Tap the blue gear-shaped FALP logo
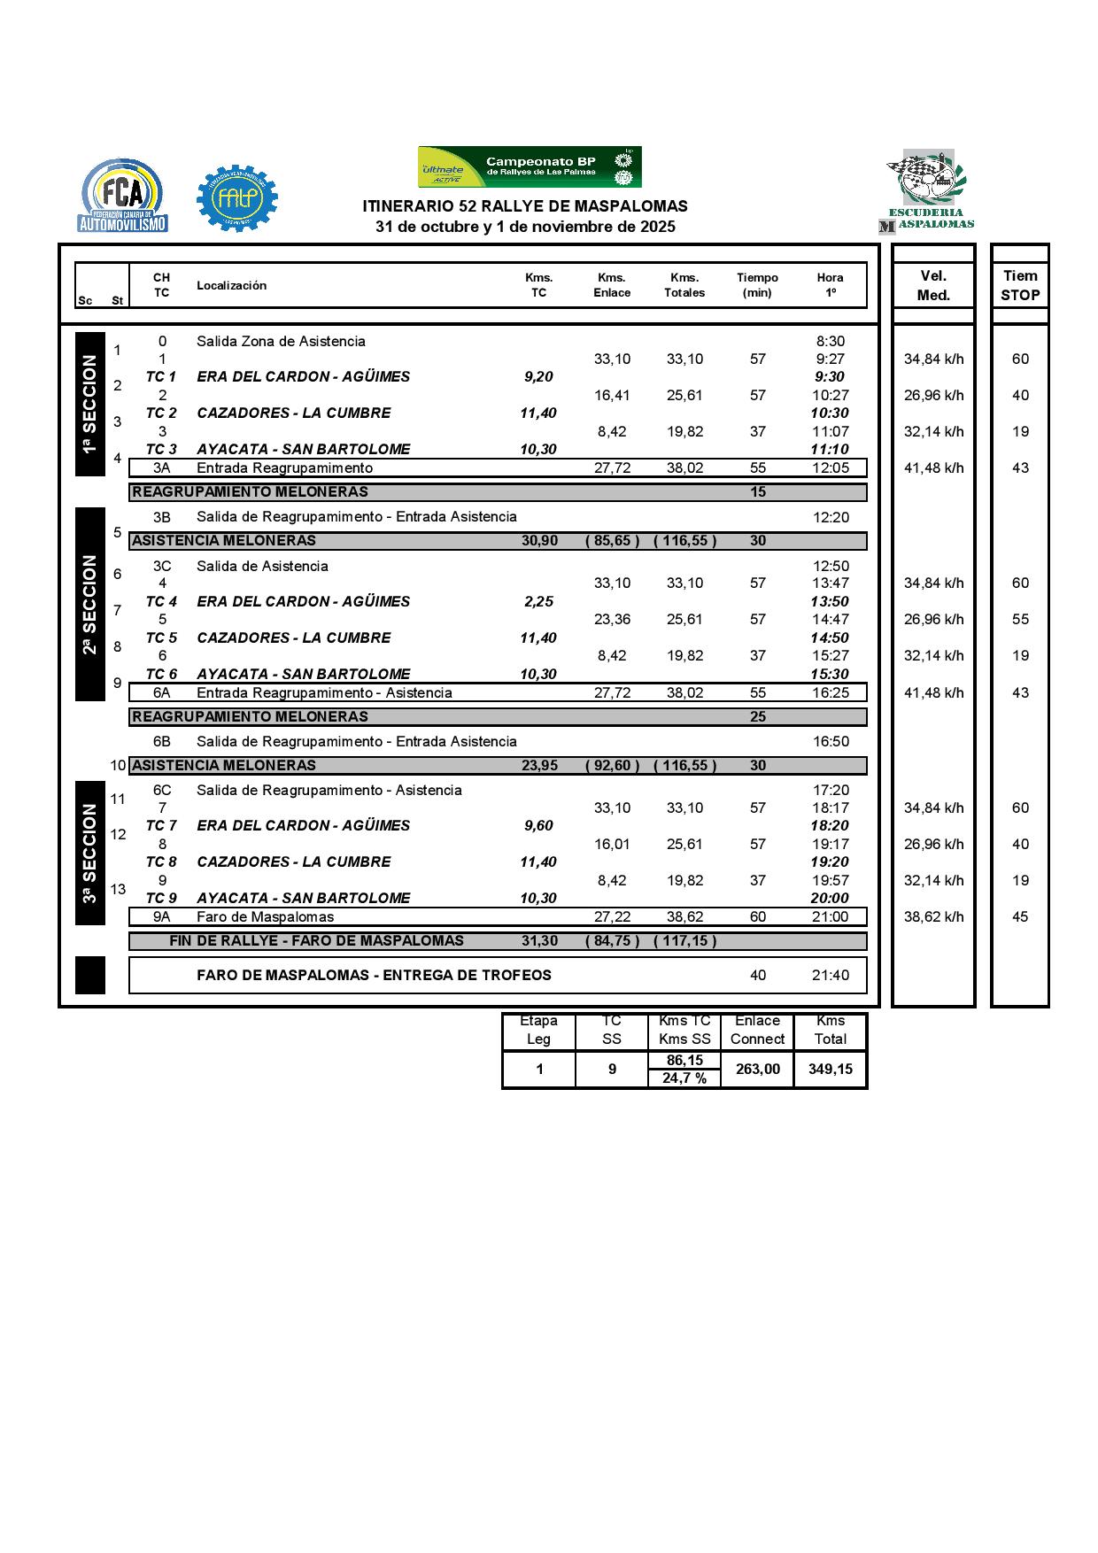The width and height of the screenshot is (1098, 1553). tap(236, 199)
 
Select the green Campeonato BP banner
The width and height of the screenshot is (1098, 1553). tap(530, 166)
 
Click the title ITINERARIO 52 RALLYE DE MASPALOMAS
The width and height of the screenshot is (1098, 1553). tap(525, 206)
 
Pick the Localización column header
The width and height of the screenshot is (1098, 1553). tap(231, 285)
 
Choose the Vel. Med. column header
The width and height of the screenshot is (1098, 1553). tap(933, 285)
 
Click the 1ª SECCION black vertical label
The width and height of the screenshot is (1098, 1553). tap(89, 404)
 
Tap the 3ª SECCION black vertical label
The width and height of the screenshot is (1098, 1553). tap(89, 853)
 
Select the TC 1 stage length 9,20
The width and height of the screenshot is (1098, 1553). tap(538, 377)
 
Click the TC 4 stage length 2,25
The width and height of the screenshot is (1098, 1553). tap(538, 602)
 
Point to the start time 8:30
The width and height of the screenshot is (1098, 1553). tap(831, 342)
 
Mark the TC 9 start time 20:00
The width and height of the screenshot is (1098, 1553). tap(830, 898)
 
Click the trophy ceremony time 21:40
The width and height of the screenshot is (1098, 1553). tap(831, 975)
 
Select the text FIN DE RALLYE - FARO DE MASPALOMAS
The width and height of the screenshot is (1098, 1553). tap(316, 940)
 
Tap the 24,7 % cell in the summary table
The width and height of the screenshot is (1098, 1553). tap(684, 1078)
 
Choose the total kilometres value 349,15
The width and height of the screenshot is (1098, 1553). tap(831, 1069)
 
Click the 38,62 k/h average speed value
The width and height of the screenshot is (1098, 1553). tap(933, 916)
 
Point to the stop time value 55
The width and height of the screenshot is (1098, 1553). tap(1020, 620)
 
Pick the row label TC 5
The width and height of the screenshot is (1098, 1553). tap(161, 637)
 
